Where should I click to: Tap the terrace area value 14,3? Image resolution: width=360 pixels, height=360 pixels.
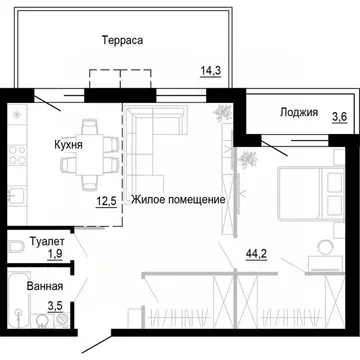point(212,70)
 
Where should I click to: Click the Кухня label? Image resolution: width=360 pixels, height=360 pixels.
point(68,144)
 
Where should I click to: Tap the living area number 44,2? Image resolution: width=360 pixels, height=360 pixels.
point(259,254)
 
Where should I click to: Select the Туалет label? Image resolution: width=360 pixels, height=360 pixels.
point(47,242)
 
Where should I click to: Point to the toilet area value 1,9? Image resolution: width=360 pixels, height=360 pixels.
point(56,255)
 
